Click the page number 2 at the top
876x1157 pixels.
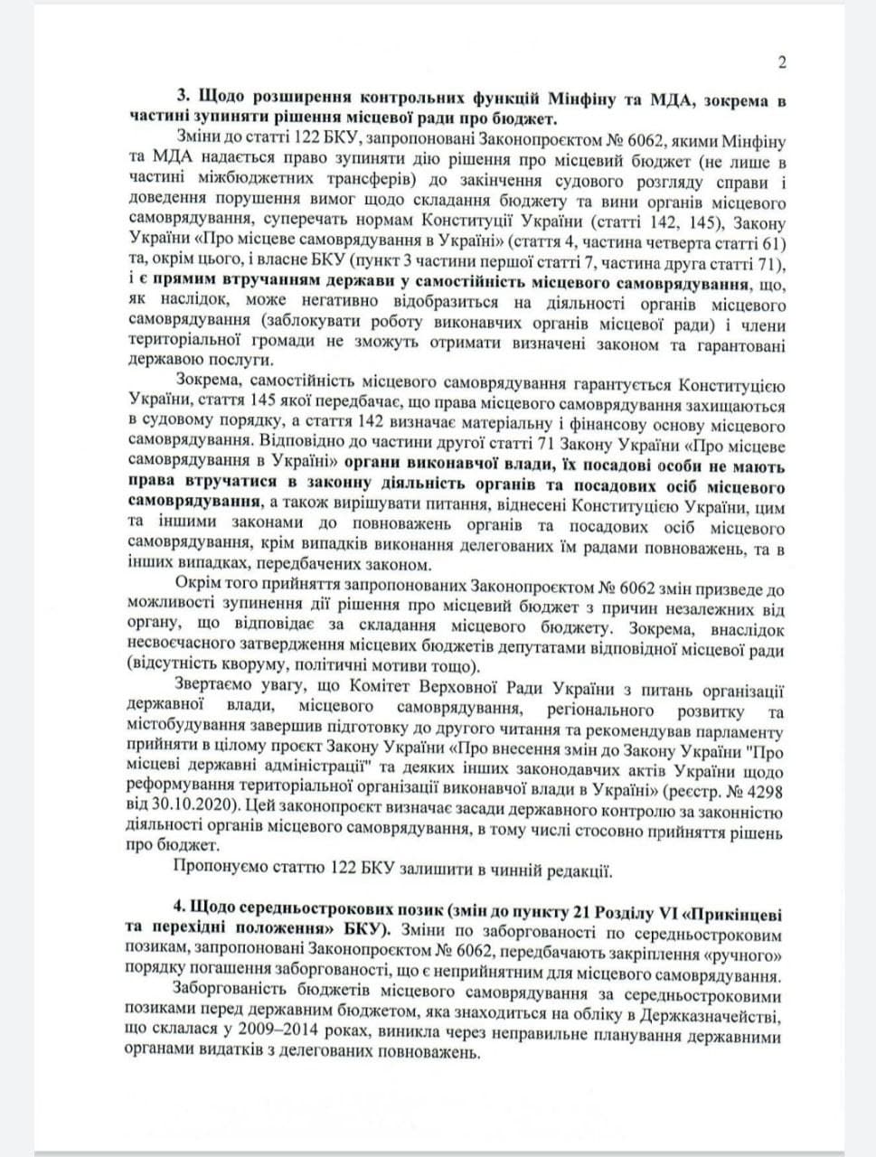782,62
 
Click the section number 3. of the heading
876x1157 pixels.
182,99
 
